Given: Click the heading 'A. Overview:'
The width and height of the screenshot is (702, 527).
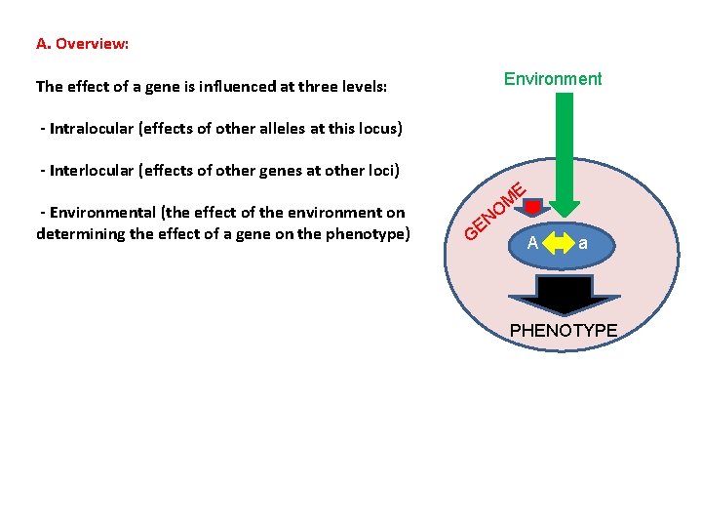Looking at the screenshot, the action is pos(83,44).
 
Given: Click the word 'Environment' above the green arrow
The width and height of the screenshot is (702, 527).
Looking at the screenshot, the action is pos(553,79).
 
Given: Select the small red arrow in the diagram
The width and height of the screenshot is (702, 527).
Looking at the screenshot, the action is pos(533,207).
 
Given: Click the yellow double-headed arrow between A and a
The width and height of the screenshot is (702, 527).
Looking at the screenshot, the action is pos(558,243).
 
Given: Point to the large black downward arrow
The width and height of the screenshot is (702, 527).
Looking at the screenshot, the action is pos(565,295).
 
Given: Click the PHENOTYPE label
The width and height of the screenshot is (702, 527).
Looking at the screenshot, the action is pos(564,331).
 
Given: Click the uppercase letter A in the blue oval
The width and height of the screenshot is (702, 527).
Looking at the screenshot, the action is pos(532,243).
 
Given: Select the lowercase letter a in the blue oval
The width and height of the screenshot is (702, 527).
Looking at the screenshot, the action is pos(583,243).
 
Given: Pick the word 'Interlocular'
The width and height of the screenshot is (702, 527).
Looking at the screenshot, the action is pos(93,170).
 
